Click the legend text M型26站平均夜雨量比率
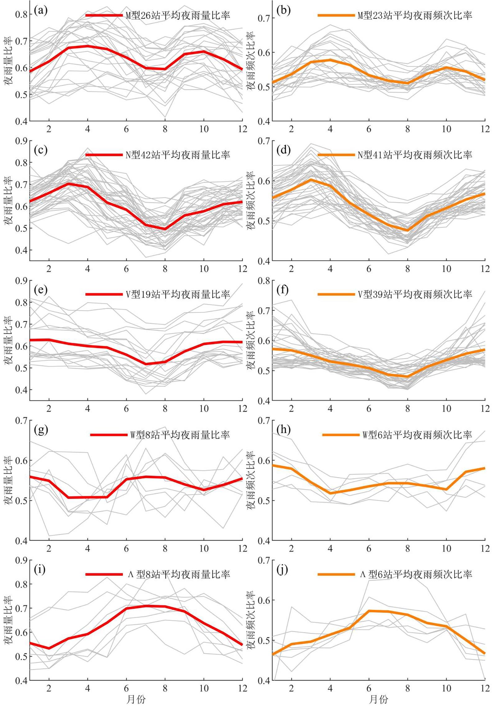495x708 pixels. [x=178, y=15]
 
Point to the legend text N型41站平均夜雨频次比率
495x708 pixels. [x=415, y=155]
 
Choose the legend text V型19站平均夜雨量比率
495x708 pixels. [x=178, y=294]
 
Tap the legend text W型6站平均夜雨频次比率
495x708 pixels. [x=417, y=435]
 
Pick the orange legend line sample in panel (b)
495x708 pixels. [x=336, y=15]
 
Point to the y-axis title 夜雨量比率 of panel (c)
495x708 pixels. [x=8, y=200]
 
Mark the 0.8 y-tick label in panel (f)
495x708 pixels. [x=264, y=281]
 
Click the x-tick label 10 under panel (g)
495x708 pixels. [x=204, y=548]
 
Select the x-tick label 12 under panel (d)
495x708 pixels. [x=485, y=269]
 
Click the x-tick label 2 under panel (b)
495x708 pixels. [x=291, y=129]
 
